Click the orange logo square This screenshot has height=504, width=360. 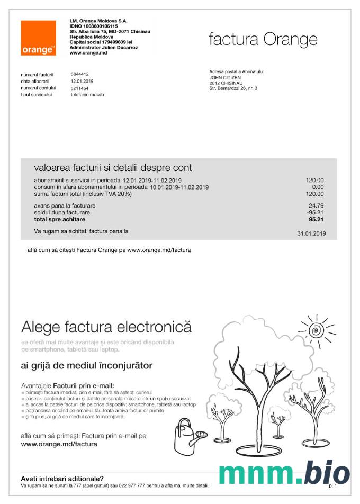38,38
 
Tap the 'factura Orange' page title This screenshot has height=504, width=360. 263,39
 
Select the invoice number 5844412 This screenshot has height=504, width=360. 80,74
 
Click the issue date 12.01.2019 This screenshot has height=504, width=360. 82,81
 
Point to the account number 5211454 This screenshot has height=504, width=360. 80,88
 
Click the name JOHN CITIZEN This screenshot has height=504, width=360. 225,77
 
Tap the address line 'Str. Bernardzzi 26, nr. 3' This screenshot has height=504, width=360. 233,88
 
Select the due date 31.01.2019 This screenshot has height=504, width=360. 311,233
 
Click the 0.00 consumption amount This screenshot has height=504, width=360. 318,187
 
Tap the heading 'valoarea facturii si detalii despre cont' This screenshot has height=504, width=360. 113,168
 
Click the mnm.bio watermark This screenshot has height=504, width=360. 284,473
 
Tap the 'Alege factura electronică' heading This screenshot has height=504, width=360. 106,326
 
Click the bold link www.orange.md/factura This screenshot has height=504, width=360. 59,444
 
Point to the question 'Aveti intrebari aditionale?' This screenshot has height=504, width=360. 62,478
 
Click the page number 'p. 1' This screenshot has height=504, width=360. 332,485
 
